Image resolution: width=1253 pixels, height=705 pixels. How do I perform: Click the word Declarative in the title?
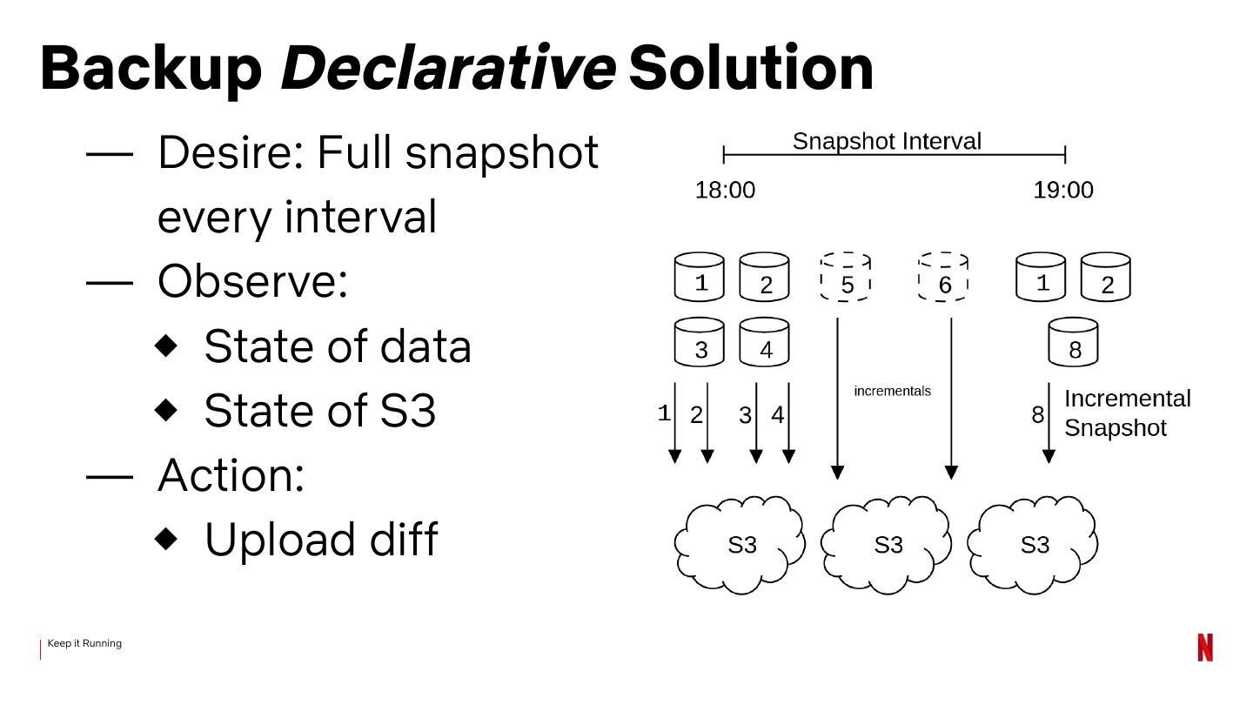[x=447, y=68]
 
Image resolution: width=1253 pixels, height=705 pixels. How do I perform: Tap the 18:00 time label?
[x=725, y=190]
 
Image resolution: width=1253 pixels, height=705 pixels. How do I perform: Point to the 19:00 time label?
[x=1062, y=190]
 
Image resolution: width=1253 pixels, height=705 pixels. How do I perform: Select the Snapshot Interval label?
[x=887, y=141]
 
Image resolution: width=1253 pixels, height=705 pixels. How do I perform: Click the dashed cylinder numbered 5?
[x=846, y=278]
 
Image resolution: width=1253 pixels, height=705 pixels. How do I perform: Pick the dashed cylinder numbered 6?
[x=944, y=278]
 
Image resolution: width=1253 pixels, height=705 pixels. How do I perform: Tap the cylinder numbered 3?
[x=700, y=342]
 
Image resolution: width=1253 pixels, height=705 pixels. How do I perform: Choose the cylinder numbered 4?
[x=764, y=342]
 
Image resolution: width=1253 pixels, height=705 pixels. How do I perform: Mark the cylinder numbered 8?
[x=1074, y=342]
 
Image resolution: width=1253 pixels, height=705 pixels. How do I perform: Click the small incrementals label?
[x=892, y=391]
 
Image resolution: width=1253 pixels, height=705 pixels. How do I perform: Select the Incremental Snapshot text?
[x=1127, y=413]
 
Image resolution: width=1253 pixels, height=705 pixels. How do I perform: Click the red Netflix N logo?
[x=1205, y=648]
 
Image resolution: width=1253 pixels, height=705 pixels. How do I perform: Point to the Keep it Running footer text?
[x=84, y=643]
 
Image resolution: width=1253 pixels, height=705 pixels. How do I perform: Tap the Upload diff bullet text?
[x=320, y=540]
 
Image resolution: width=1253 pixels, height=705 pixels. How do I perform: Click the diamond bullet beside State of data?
[x=166, y=346]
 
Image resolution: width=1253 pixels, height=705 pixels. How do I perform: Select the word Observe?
[x=252, y=281]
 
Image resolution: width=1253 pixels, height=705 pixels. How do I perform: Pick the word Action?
[x=231, y=475]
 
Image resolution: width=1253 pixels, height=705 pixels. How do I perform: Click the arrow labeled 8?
[x=1049, y=422]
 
